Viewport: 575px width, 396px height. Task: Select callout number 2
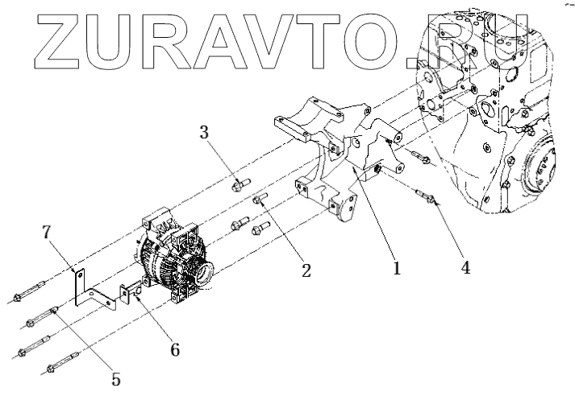[306, 270]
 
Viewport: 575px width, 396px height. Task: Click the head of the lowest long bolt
[51, 371]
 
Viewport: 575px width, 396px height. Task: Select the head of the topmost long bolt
[16, 300]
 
